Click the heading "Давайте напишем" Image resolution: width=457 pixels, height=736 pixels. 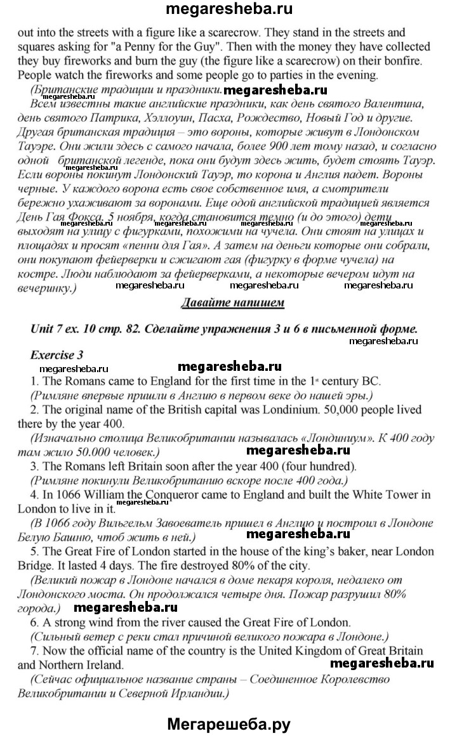(232, 302)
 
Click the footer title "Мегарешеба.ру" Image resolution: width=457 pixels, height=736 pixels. (228, 721)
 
